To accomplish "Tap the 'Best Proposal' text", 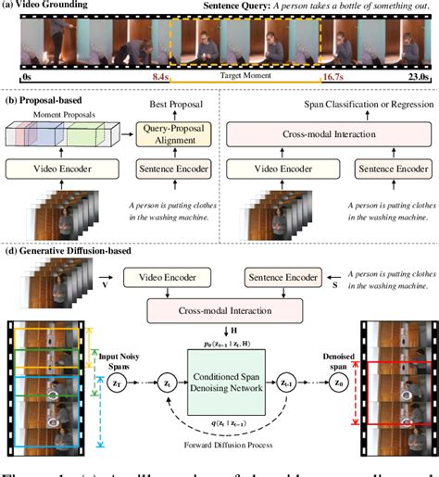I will tap(175, 109).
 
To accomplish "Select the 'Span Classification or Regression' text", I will tap(328, 109).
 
